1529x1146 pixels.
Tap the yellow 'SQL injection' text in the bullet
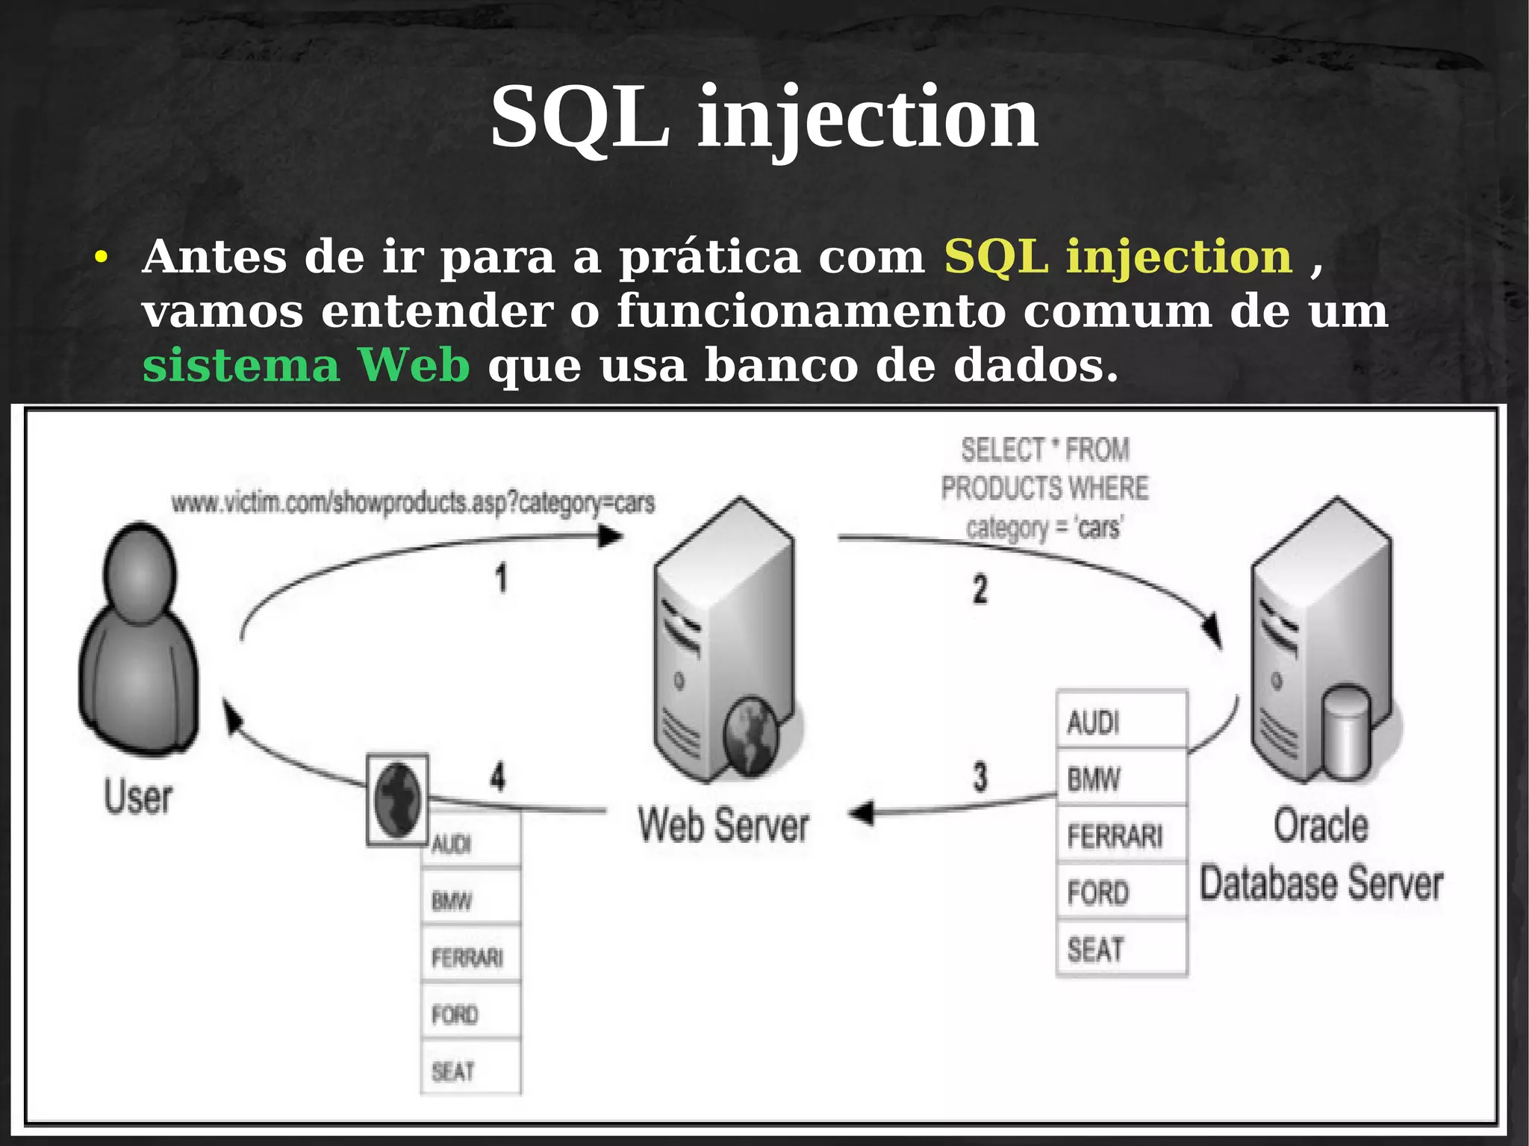[1118, 257]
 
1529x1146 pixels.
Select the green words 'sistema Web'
[306, 365]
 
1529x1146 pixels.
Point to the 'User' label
[138, 797]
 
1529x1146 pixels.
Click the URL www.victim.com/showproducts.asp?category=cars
[413, 503]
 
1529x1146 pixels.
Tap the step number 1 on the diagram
[501, 579]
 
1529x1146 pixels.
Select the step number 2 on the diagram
[980, 589]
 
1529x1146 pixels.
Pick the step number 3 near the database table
[980, 776]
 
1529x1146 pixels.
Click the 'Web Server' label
[723, 826]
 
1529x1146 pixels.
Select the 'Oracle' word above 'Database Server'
[1320, 826]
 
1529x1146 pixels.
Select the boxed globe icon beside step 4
[397, 800]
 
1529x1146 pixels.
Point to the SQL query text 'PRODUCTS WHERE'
[1044, 488]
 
